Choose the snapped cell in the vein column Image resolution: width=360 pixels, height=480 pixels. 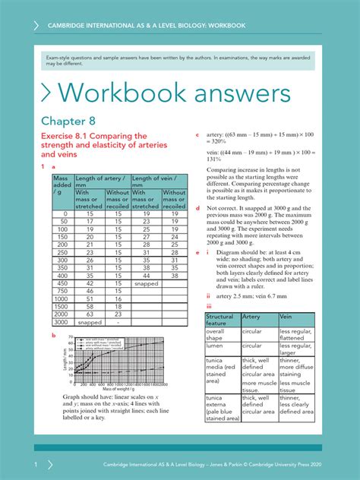click(146, 283)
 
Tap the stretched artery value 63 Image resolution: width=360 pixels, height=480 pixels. click(90, 314)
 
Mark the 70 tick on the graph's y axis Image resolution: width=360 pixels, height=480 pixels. click(70, 336)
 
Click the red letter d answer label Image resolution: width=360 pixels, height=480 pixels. click(198, 207)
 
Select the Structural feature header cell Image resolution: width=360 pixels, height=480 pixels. click(220, 320)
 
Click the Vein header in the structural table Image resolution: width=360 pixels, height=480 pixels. click(286, 316)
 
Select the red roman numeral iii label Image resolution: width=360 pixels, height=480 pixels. click(210, 305)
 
